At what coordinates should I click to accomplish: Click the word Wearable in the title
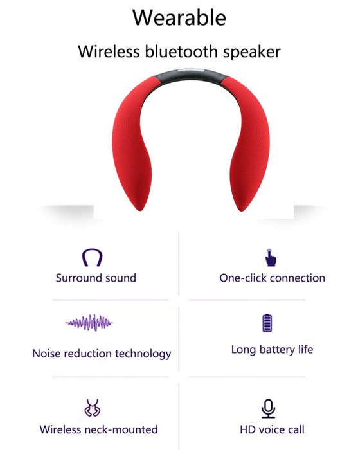[179, 18]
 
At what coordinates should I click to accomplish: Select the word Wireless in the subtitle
[109, 51]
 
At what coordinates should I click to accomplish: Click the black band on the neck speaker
[191, 75]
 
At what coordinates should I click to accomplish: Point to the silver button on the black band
[191, 70]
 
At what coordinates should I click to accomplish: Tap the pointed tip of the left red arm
[140, 210]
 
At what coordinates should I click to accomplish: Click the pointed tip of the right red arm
[242, 210]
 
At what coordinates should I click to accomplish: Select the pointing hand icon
[271, 258]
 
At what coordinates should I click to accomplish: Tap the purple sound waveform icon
[89, 323]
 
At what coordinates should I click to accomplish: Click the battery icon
[267, 323]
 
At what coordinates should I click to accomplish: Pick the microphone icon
[269, 408]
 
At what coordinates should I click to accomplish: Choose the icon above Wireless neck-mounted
[93, 408]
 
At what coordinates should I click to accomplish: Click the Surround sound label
[96, 278]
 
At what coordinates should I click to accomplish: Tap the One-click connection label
[273, 278]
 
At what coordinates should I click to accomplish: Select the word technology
[143, 354]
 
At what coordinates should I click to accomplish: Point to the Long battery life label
[272, 350]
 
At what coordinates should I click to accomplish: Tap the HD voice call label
[272, 429]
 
